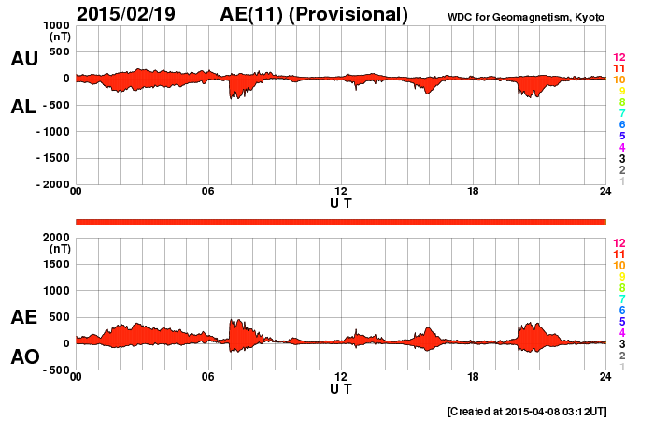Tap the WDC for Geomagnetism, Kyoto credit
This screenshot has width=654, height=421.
(526, 16)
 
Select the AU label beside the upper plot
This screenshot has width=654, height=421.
(24, 59)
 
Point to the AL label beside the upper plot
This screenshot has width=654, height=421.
(24, 107)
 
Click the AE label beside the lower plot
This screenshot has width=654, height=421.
(24, 317)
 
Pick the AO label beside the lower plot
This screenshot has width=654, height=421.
(24, 356)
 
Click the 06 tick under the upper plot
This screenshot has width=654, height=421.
(208, 192)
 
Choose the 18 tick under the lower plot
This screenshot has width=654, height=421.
(473, 376)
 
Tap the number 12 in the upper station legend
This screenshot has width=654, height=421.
(618, 57)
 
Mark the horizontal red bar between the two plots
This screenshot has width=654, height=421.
(341, 221)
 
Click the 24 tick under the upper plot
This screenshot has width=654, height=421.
(605, 192)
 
